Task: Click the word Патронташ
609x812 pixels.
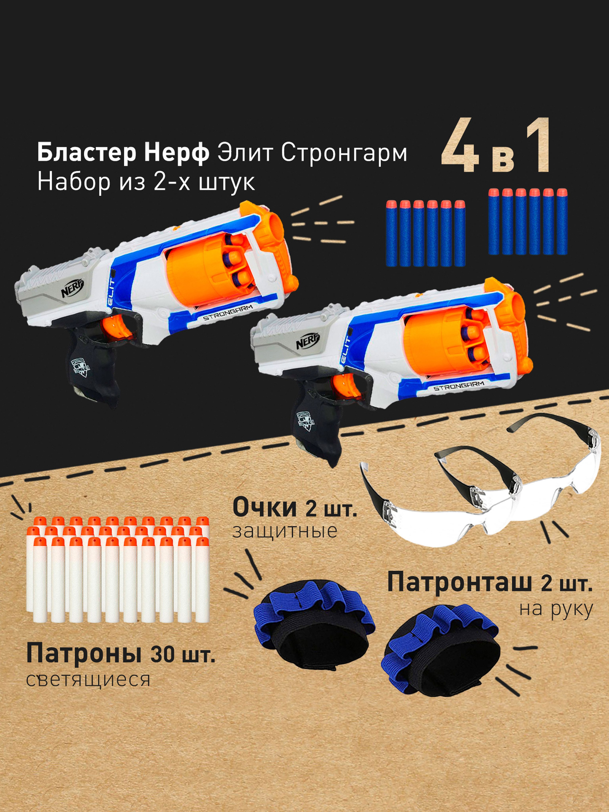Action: coord(459,583)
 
